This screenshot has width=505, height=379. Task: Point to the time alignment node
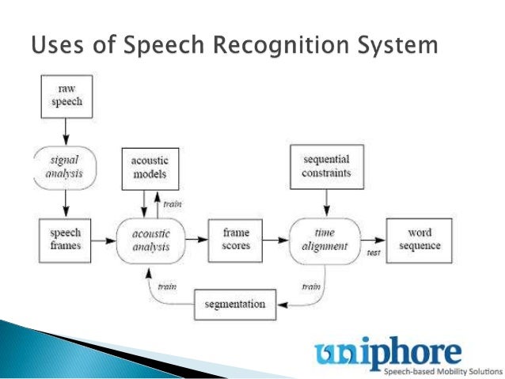coord(326,240)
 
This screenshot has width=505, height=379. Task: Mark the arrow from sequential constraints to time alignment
coord(326,203)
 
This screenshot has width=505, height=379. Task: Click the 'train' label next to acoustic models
coord(173,204)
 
